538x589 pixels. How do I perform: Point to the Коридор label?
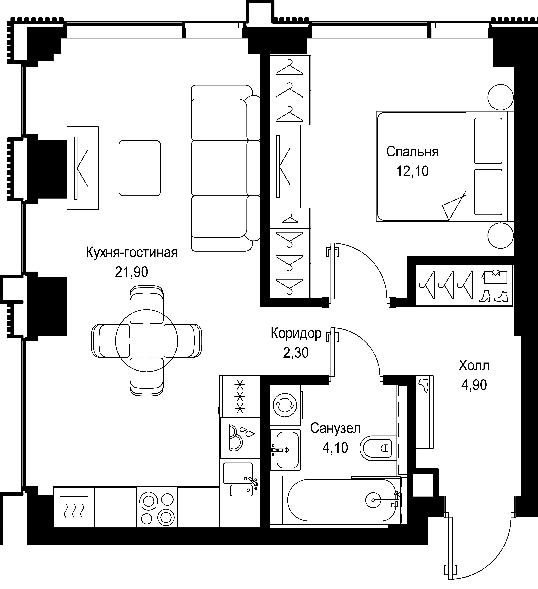(296, 333)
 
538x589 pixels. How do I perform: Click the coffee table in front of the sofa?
(140, 168)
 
